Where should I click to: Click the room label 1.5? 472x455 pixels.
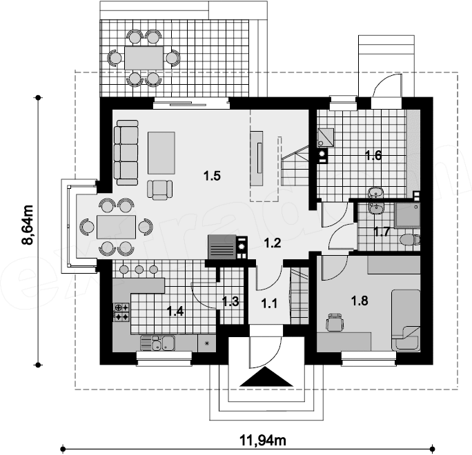pos(213,176)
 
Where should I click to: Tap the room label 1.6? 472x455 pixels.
pos(373,156)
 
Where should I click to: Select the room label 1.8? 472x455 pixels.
pos(360,301)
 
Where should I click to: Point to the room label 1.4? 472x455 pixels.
pos(175,312)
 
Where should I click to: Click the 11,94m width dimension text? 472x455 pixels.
pos(263,441)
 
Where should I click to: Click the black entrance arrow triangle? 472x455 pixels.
pos(266,376)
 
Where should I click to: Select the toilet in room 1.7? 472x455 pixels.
pos(410,240)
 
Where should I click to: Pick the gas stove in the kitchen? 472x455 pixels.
pos(121,312)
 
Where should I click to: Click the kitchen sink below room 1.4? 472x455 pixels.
pos(158,343)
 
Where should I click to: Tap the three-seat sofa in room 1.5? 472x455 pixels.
pos(126,152)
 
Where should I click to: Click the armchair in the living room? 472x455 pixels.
pos(160,190)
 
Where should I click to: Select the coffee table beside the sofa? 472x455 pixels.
pos(161,153)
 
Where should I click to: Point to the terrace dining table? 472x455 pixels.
pos(144,58)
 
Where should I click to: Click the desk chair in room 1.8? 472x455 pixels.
pos(335,322)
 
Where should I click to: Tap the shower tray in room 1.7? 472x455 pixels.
pos(408,214)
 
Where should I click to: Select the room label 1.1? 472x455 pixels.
pos(269,304)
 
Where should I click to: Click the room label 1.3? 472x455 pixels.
pos(230,302)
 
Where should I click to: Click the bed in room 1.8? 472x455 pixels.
pos(406,321)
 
